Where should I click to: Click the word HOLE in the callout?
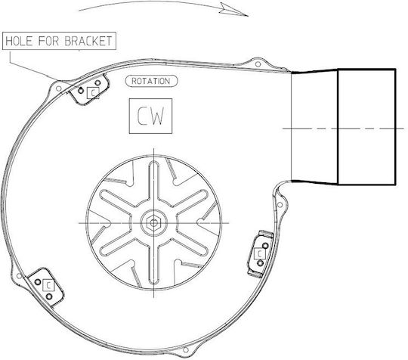pos(19,41)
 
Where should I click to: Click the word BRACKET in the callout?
pos(88,41)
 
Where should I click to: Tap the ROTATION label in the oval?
pos(151,81)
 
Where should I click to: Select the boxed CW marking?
pos(150,116)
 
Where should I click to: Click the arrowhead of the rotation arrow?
pos(234,10)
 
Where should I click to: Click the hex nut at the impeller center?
pos(154,223)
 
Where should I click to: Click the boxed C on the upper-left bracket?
pos(93,93)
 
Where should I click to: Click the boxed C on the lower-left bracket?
pos(48,285)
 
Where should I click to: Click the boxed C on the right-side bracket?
pos(260,254)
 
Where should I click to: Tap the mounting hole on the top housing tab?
pos(258,64)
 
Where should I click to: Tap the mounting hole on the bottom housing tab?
pos(186,349)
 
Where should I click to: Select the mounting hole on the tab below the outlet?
pos(280,205)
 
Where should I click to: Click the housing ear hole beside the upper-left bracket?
pos(58,88)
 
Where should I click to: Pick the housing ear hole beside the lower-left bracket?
pos(19,275)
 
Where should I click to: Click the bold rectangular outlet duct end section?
pos(366,127)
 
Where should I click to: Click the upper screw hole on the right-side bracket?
pos(265,245)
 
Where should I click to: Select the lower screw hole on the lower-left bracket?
pos(48,296)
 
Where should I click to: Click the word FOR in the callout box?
pos(48,41)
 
